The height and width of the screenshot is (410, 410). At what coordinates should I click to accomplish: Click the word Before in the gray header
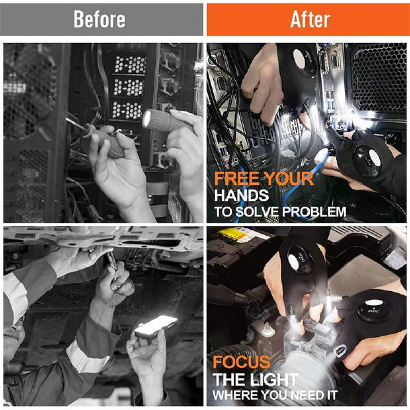(x=99, y=19)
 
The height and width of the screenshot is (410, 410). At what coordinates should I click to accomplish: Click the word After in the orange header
(x=310, y=19)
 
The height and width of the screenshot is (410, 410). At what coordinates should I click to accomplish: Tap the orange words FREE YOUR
(x=263, y=178)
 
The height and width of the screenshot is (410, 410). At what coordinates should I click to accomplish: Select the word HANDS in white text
(x=241, y=195)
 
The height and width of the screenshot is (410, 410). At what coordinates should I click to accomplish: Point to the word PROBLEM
(x=315, y=212)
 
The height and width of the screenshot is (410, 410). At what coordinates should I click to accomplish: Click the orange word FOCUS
(x=241, y=362)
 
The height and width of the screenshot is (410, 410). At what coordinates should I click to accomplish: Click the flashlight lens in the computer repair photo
(x=148, y=118)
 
